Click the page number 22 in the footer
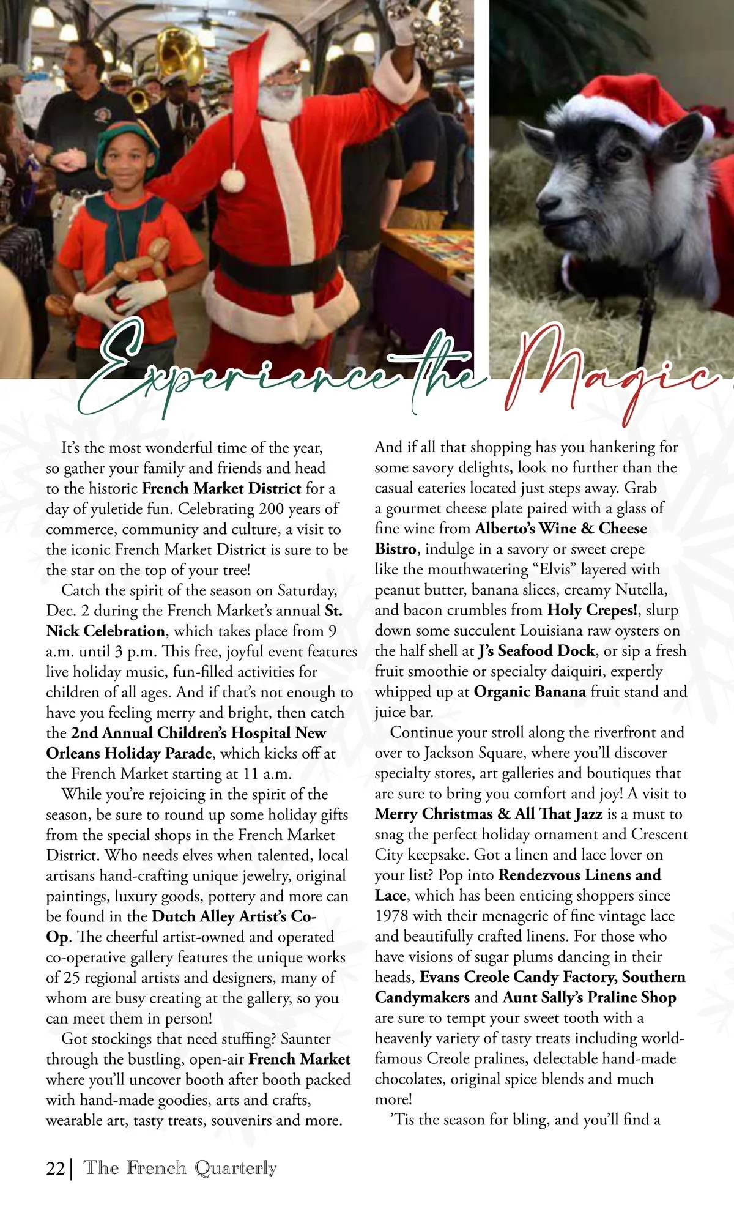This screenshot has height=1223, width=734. coord(55,1168)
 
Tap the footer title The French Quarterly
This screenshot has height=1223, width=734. coord(180,1168)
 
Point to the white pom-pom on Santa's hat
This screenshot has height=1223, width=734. coord(233,179)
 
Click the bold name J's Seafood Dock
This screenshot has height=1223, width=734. coord(536,651)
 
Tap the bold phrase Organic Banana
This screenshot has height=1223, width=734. coord(530,692)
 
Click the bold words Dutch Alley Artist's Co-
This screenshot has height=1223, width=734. coord(234,916)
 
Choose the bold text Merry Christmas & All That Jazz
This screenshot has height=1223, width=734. coord(488,814)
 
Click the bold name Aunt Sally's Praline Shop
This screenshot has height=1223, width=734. coord(589,997)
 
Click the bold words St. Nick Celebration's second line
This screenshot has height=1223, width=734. coord(105,631)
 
